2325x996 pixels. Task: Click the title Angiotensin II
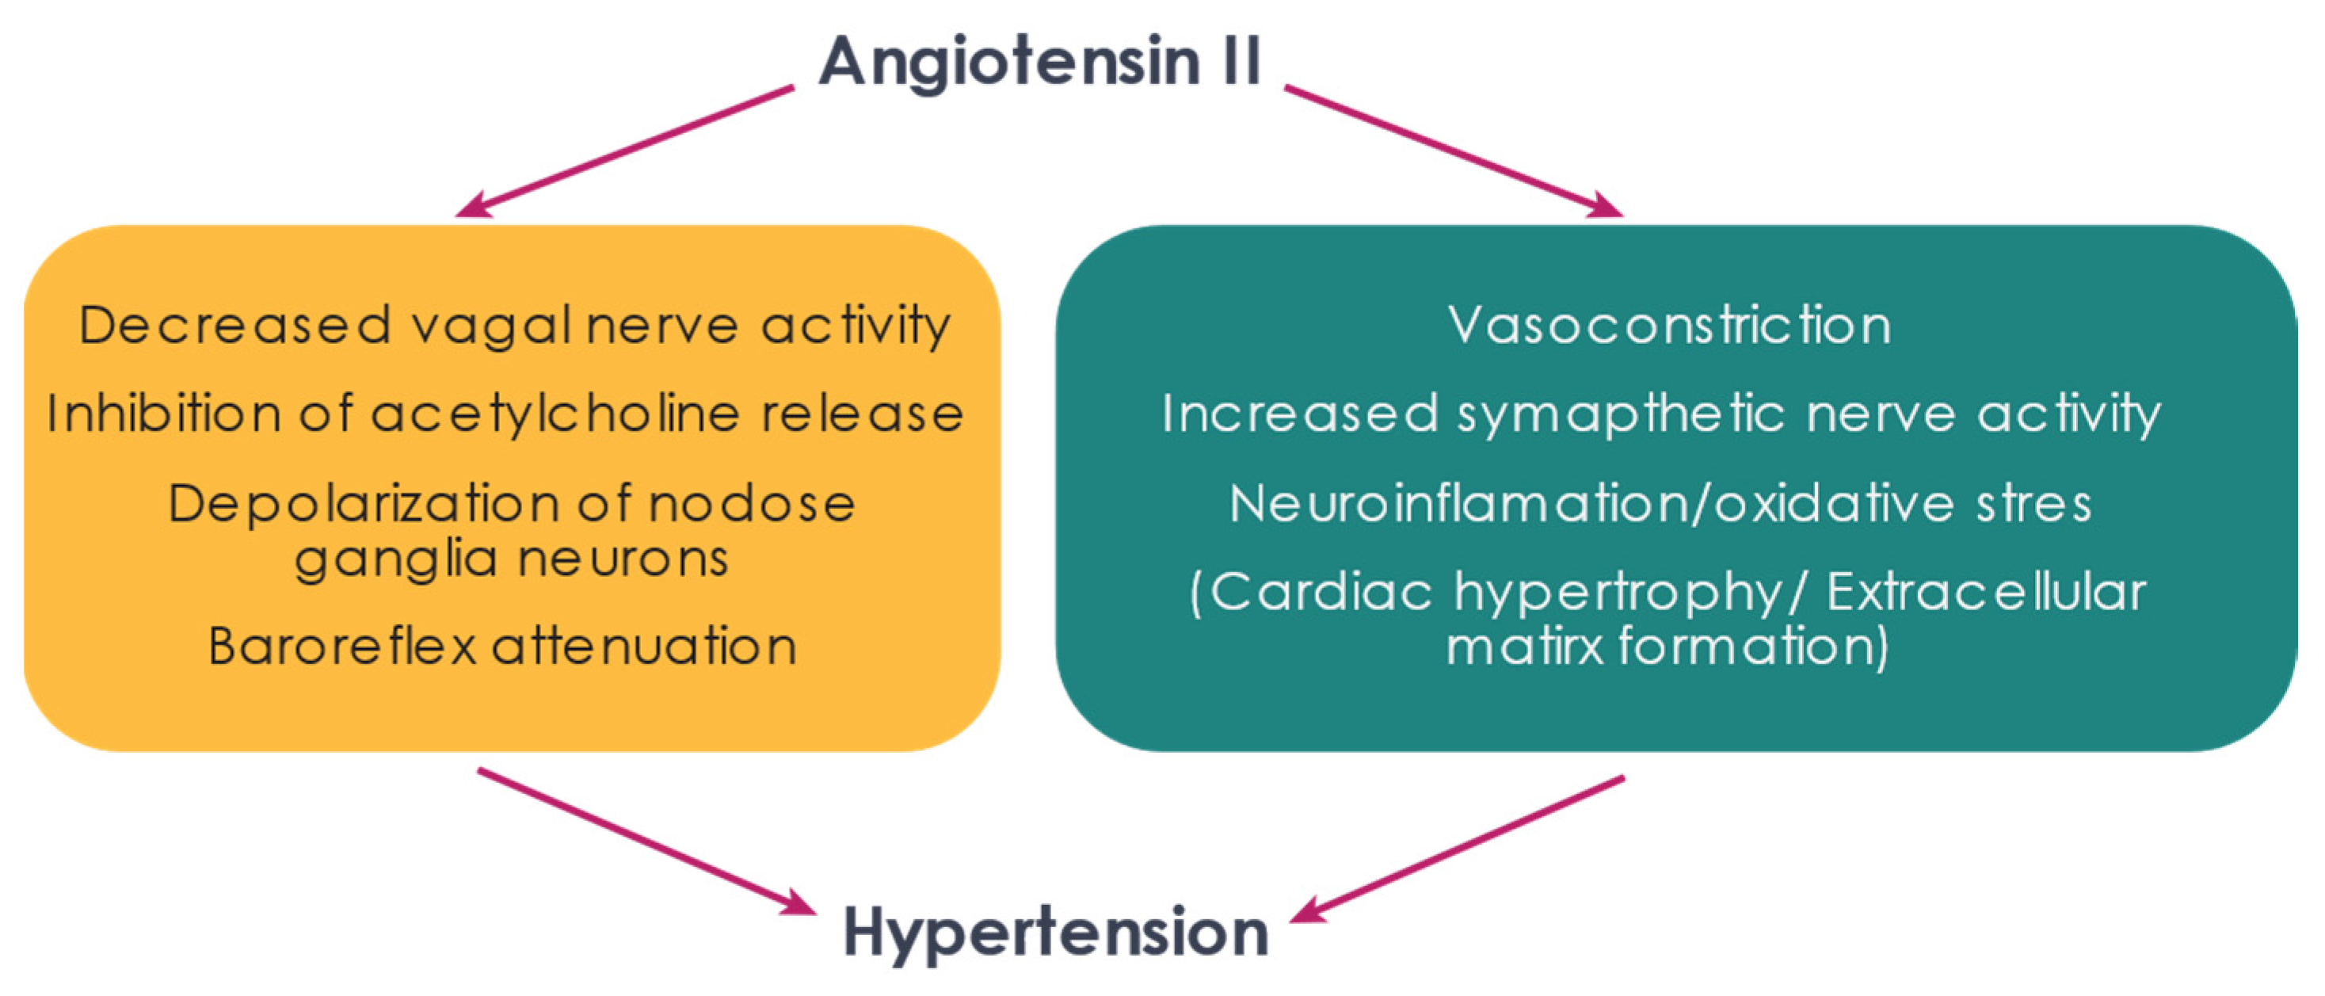coord(1040,60)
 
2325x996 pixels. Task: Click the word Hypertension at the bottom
coord(1055,933)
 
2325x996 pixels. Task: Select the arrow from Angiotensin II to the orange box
coord(624,151)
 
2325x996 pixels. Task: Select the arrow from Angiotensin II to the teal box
coord(1454,151)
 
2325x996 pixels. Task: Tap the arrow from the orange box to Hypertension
coord(647,841)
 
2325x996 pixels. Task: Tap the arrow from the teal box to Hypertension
coord(1457,849)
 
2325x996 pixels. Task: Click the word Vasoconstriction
coord(1670,325)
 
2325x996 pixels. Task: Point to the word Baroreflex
coord(342,646)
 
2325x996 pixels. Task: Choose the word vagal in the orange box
coord(491,326)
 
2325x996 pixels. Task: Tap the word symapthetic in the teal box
coord(1621,414)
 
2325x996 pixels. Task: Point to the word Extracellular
coord(1987,593)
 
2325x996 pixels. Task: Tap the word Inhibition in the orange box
coord(164,414)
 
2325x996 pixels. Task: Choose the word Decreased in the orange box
coord(234,325)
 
